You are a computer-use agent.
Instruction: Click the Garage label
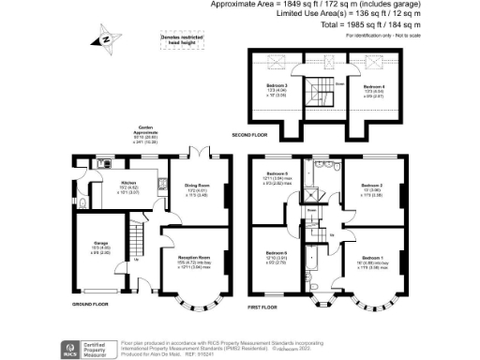click(96, 247)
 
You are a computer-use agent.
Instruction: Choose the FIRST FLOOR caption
click(270, 307)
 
